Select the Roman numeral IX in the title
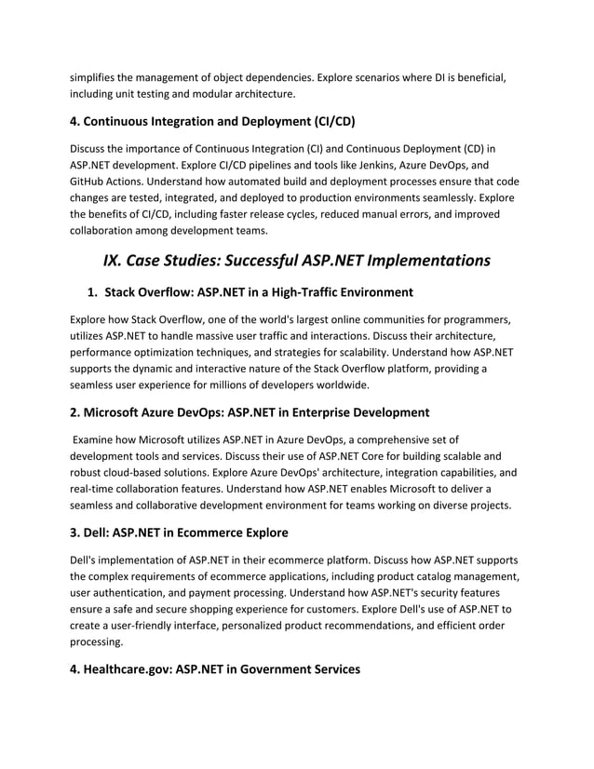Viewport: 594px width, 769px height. [114, 260]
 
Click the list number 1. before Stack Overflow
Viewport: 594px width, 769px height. [92, 292]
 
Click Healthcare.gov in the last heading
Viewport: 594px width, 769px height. [134, 669]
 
